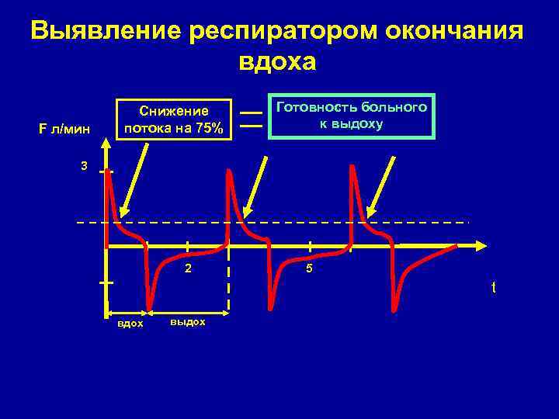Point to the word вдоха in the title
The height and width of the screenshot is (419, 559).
point(277,63)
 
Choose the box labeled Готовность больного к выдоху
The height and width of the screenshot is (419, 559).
point(351,115)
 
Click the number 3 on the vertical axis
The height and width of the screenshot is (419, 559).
point(84,167)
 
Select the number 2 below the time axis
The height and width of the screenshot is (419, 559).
point(186,269)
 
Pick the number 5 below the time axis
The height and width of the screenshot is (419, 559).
point(308,269)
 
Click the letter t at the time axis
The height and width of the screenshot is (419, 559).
point(492,288)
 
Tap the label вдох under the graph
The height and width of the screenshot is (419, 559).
point(130,323)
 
